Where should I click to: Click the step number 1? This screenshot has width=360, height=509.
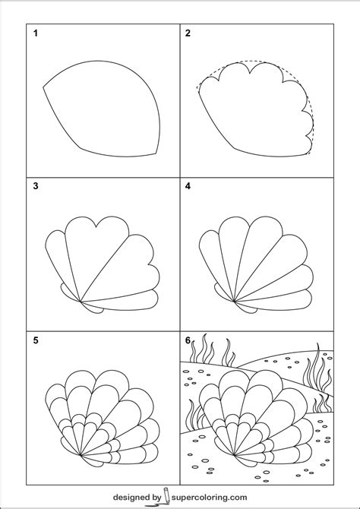35,34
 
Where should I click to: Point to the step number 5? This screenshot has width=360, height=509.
35,340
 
